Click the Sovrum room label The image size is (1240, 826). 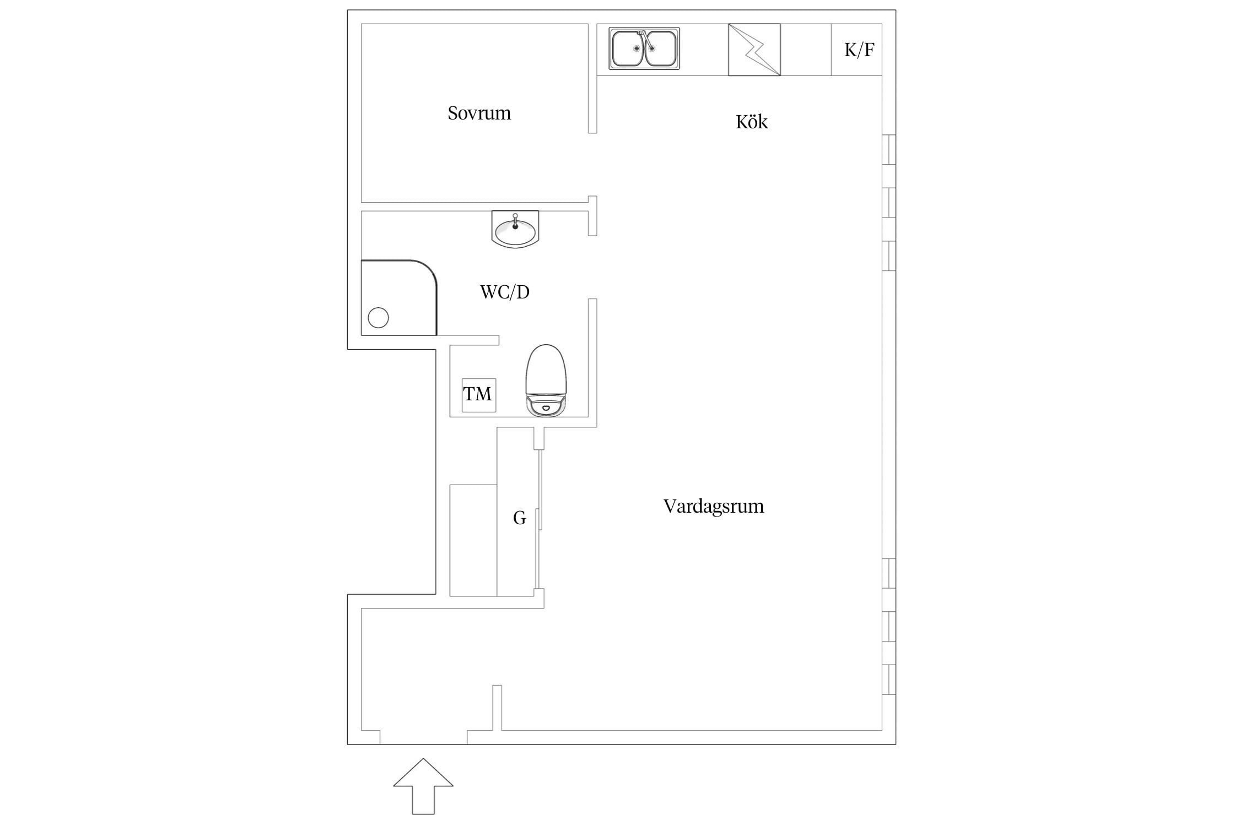coord(479,113)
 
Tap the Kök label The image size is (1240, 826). coord(751,121)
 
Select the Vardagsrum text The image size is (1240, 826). coord(714,506)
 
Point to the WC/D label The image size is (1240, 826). coord(505,292)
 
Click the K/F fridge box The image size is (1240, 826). coord(856,50)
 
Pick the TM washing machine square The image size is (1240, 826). coord(478,395)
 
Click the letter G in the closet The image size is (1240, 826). coord(519,518)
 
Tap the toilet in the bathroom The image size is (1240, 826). coord(546,381)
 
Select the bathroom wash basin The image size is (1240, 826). coord(515,229)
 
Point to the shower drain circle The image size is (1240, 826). coord(378,318)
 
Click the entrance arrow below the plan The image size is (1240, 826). coord(423,786)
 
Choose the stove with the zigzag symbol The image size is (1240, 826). coord(754,50)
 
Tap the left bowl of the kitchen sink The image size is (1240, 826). coord(628,48)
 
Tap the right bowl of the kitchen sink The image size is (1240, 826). coord(660,48)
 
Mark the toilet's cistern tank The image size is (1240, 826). coord(546,406)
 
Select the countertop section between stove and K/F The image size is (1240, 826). coord(806,50)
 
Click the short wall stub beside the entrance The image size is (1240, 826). coord(497,708)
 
